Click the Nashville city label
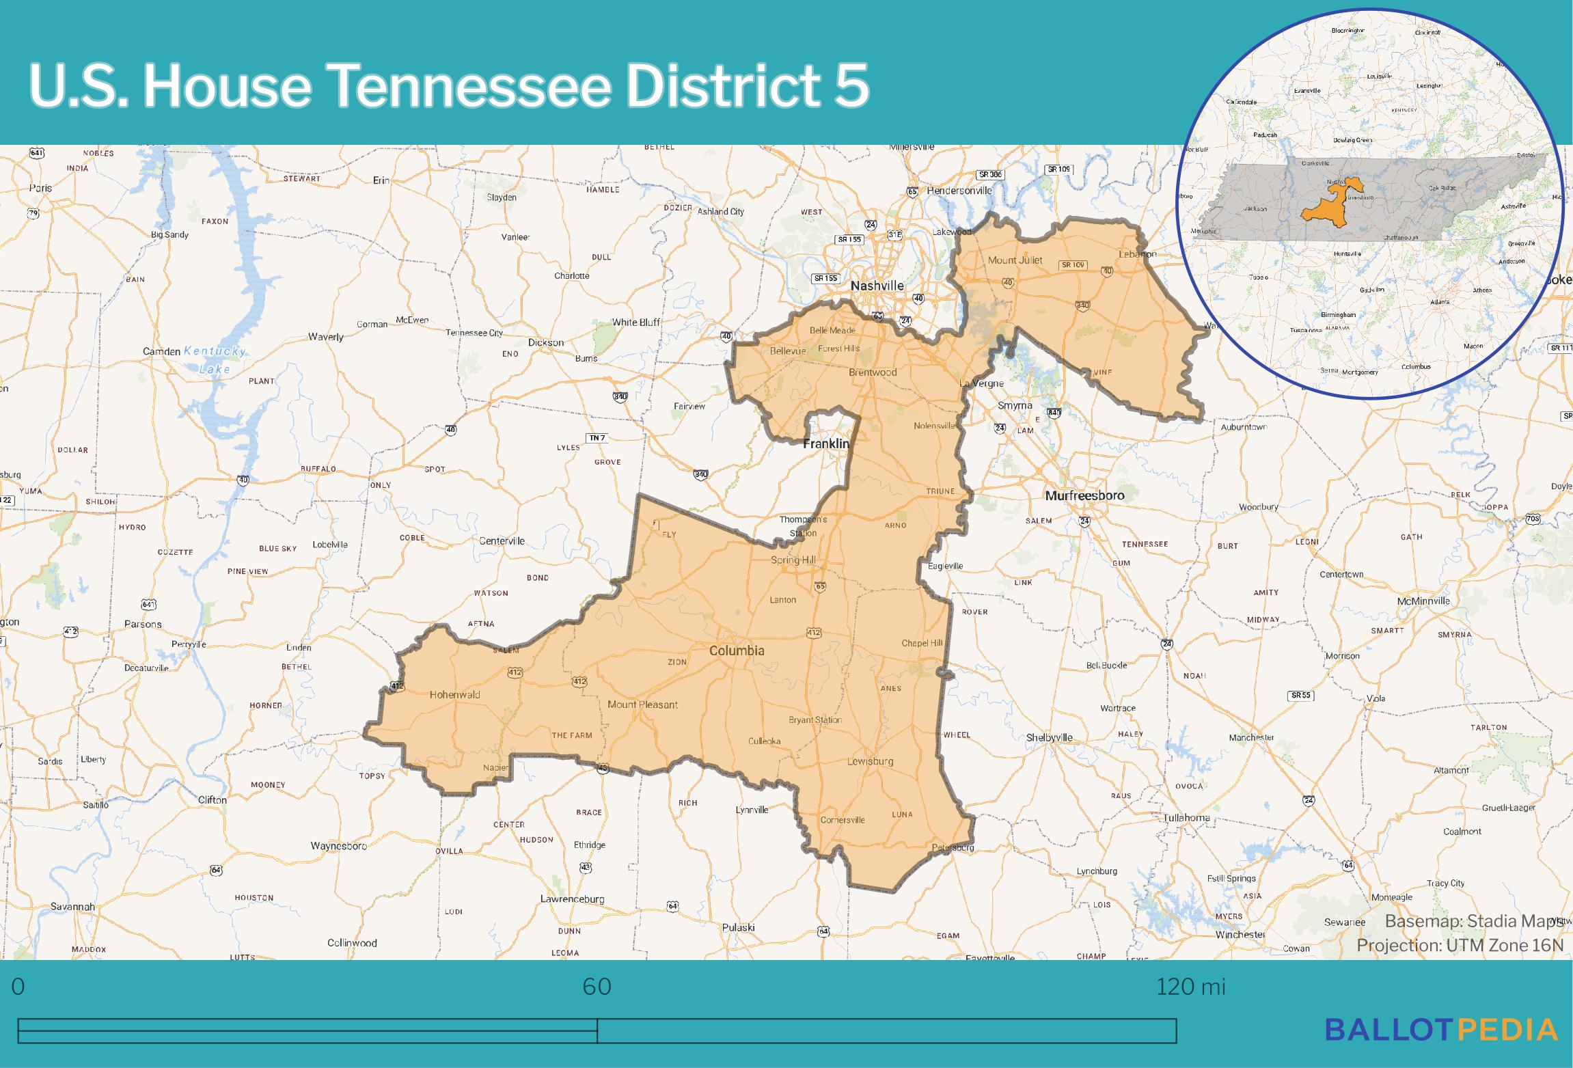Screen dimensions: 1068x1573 [877, 286]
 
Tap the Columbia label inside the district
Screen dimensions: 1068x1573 [737, 651]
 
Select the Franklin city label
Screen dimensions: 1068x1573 [826, 443]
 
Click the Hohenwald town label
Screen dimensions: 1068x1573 [454, 694]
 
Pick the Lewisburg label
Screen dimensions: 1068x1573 [870, 761]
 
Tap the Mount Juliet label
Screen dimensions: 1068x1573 [1015, 260]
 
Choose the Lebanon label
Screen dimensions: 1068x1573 [1137, 254]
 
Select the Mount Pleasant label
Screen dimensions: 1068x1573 [642, 704]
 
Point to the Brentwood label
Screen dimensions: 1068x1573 [873, 372]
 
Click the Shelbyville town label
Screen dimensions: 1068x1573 [1050, 737]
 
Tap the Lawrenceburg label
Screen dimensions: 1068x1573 [572, 899]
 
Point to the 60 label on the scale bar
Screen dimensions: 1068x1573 [597, 987]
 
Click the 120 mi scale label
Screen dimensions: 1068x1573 [1190, 987]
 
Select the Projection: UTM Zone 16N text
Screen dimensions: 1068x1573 [1460, 945]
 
